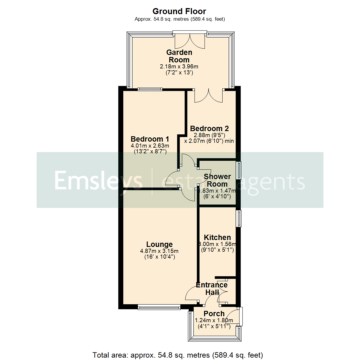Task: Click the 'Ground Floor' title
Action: [x=180, y=11]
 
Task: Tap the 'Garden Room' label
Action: [x=179, y=56]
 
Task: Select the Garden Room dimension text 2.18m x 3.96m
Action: [x=180, y=67]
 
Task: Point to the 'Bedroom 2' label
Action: [x=209, y=128]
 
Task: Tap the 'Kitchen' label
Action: [x=217, y=237]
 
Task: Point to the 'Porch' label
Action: [x=214, y=314]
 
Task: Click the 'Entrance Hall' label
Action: [x=212, y=289]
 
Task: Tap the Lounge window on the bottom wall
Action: [x=159, y=307]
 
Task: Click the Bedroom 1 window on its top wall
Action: [x=150, y=89]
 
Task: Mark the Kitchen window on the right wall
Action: [x=239, y=219]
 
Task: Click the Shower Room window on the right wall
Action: [x=239, y=170]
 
